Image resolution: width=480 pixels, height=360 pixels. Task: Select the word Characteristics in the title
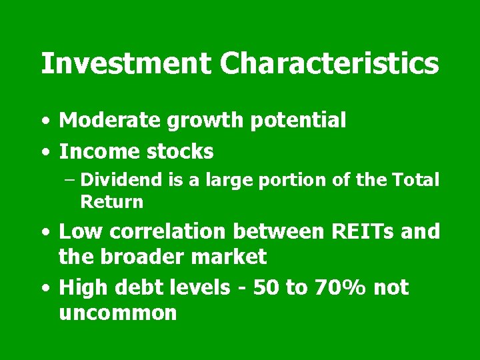tap(329, 64)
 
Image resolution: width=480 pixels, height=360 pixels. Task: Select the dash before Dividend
tap(71, 180)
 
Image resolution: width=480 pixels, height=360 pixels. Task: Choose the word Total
tap(415, 179)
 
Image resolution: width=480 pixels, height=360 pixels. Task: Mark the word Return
tap(111, 201)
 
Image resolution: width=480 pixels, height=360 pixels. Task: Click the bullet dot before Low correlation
tap(44, 233)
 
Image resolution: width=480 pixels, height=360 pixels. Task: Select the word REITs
tap(356, 231)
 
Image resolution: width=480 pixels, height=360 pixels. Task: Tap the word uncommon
tap(118, 313)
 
